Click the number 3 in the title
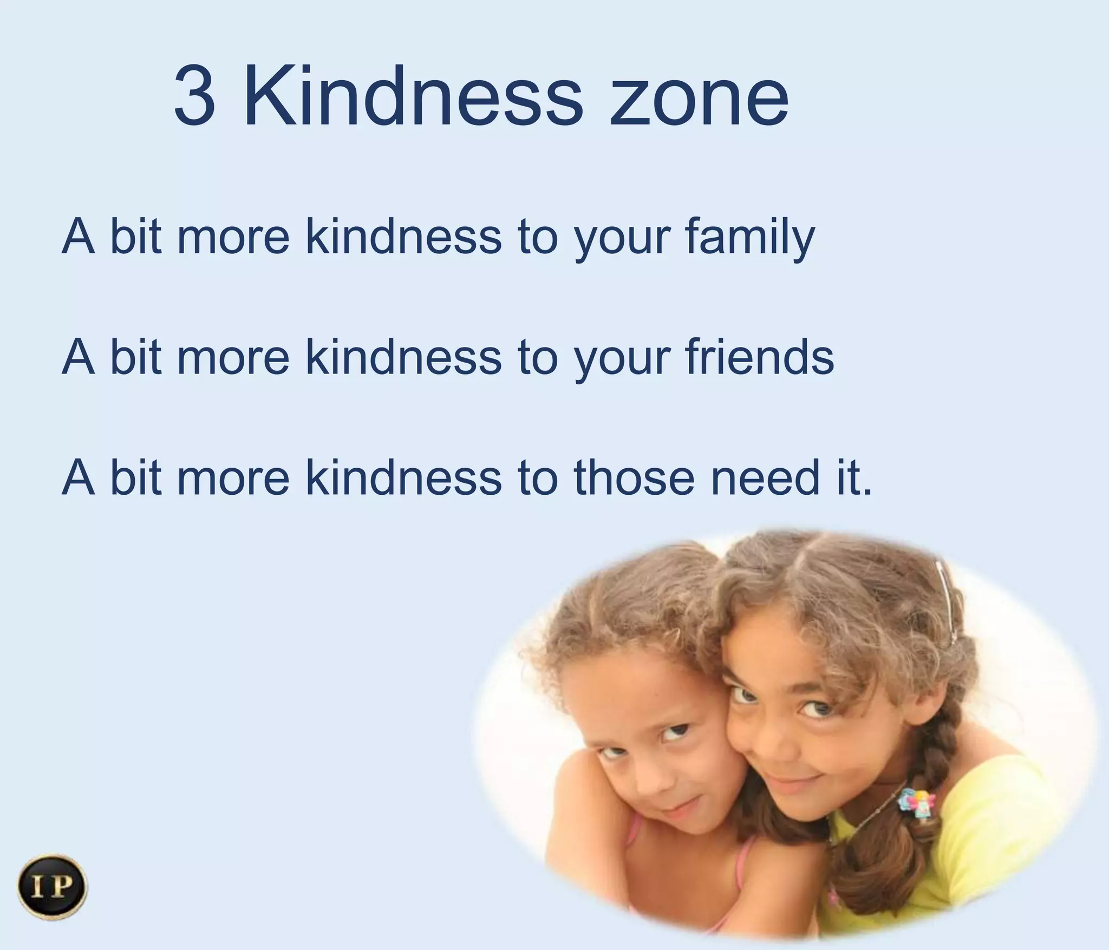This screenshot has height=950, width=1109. tap(194, 96)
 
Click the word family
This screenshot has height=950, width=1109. tap(749, 238)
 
